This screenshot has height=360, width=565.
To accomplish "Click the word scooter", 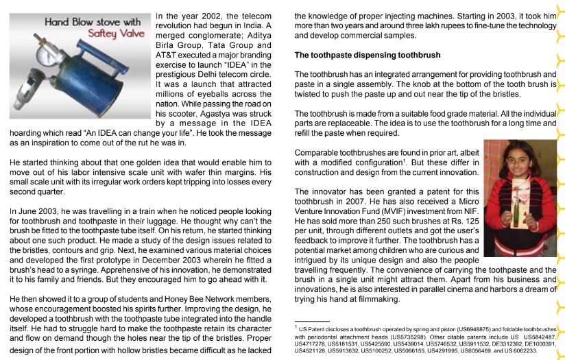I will [180, 110].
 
